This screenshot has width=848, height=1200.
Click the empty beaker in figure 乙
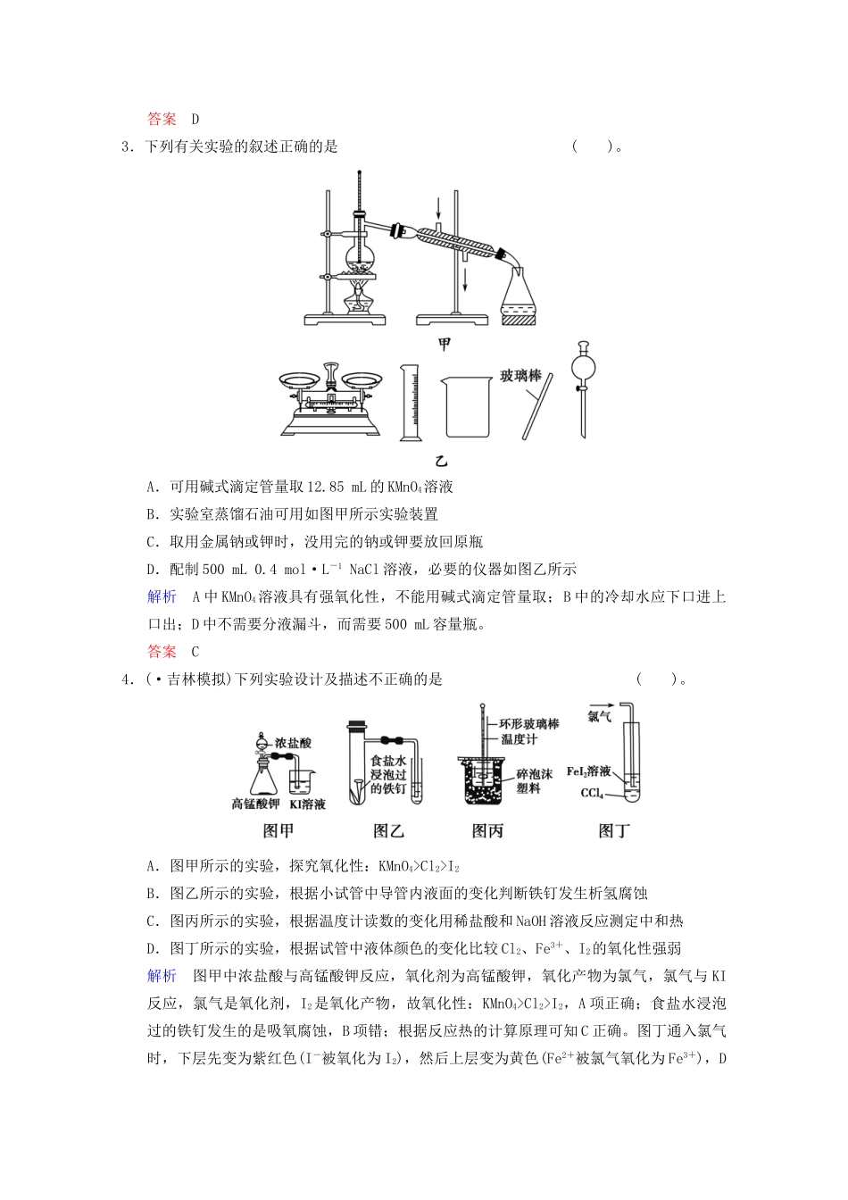pyautogui.click(x=467, y=405)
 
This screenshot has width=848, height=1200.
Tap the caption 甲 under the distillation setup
pyautogui.click(x=444, y=345)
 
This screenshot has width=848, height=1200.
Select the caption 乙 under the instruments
pyautogui.click(x=441, y=461)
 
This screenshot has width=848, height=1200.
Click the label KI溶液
pyautogui.click(x=307, y=804)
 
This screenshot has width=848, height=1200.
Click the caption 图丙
pyautogui.click(x=487, y=831)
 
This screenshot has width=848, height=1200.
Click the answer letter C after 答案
pyautogui.click(x=195, y=651)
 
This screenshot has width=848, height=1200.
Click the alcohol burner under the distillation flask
pyautogui.click(x=360, y=298)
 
